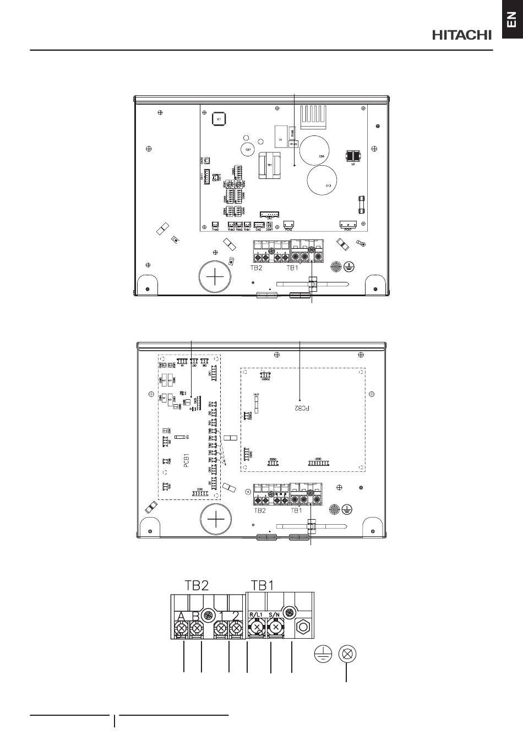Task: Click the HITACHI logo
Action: pos(461,35)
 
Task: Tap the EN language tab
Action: pos(511,20)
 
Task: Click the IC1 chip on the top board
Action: pos(218,119)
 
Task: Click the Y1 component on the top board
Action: pos(280,139)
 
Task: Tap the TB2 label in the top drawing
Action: pos(255,269)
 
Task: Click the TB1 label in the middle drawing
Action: pos(296,510)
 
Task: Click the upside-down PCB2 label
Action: pos(298,409)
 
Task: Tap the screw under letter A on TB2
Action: pos(180,628)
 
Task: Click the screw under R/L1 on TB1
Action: pos(256,627)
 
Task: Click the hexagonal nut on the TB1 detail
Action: pos(302,627)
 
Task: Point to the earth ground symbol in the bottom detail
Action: pos(323,655)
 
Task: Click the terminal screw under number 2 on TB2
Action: pos(236,628)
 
